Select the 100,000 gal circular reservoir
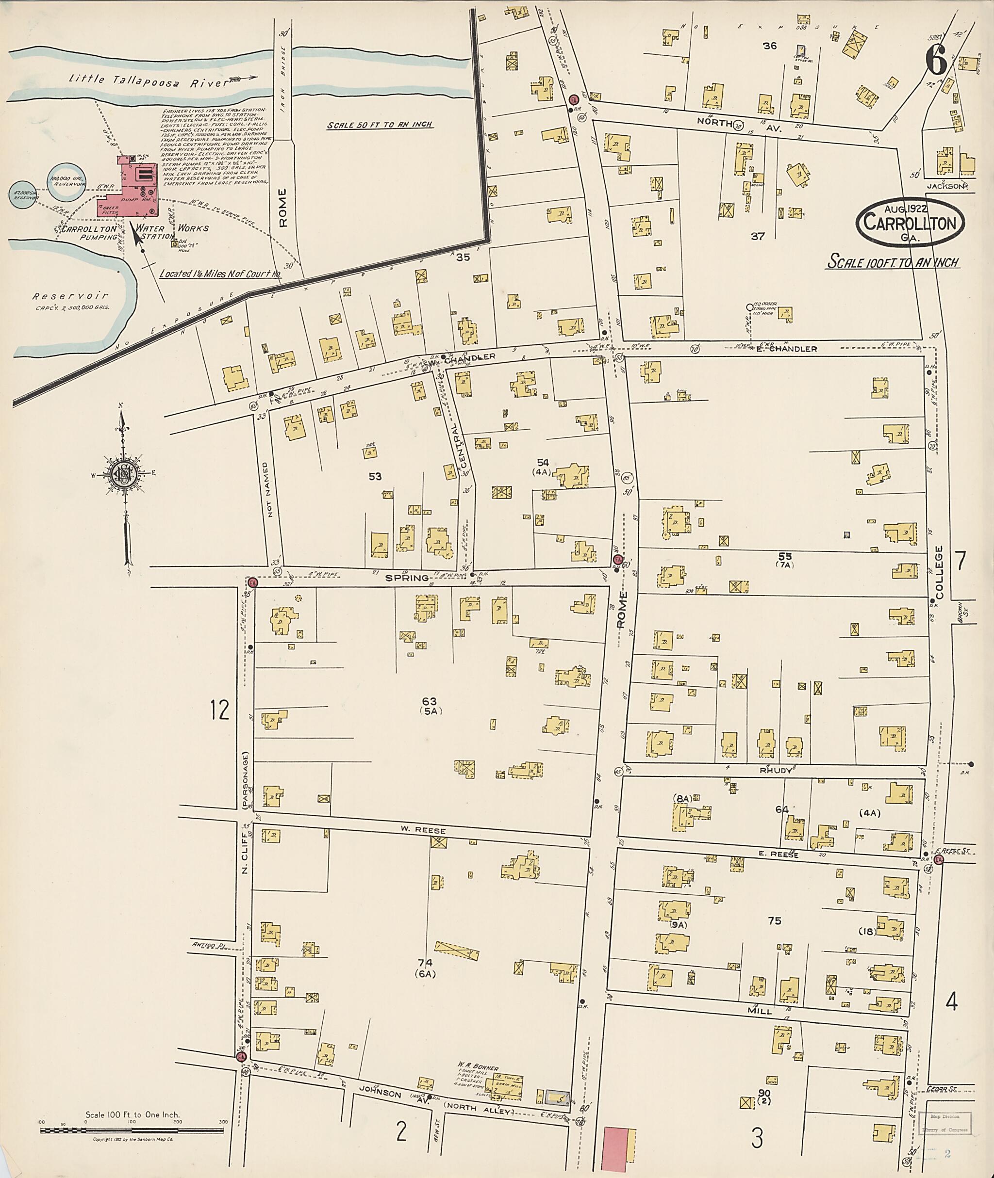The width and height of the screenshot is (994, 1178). [66, 181]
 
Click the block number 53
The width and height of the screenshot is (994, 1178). [375, 476]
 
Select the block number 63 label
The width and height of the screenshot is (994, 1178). [430, 702]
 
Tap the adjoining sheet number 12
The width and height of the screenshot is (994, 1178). [220, 710]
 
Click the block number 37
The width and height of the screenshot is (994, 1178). [757, 237]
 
